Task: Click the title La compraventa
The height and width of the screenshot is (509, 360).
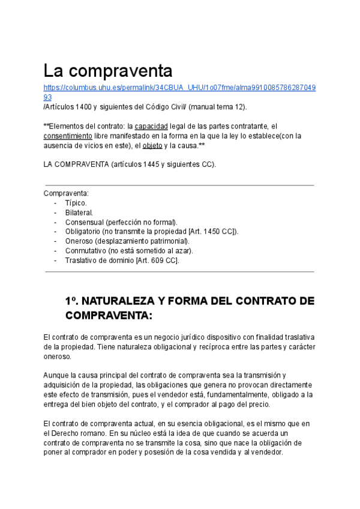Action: (x=108, y=71)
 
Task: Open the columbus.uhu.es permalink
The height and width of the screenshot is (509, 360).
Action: (x=179, y=88)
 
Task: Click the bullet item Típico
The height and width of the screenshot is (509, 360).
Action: (x=76, y=203)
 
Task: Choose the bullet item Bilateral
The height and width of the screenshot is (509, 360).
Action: (x=79, y=212)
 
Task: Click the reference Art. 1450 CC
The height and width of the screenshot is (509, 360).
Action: (x=212, y=232)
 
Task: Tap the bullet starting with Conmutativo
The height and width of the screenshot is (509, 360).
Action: (x=129, y=251)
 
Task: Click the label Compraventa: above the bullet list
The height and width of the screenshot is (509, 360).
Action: (x=66, y=193)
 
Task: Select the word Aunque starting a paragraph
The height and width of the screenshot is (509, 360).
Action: (x=57, y=376)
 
